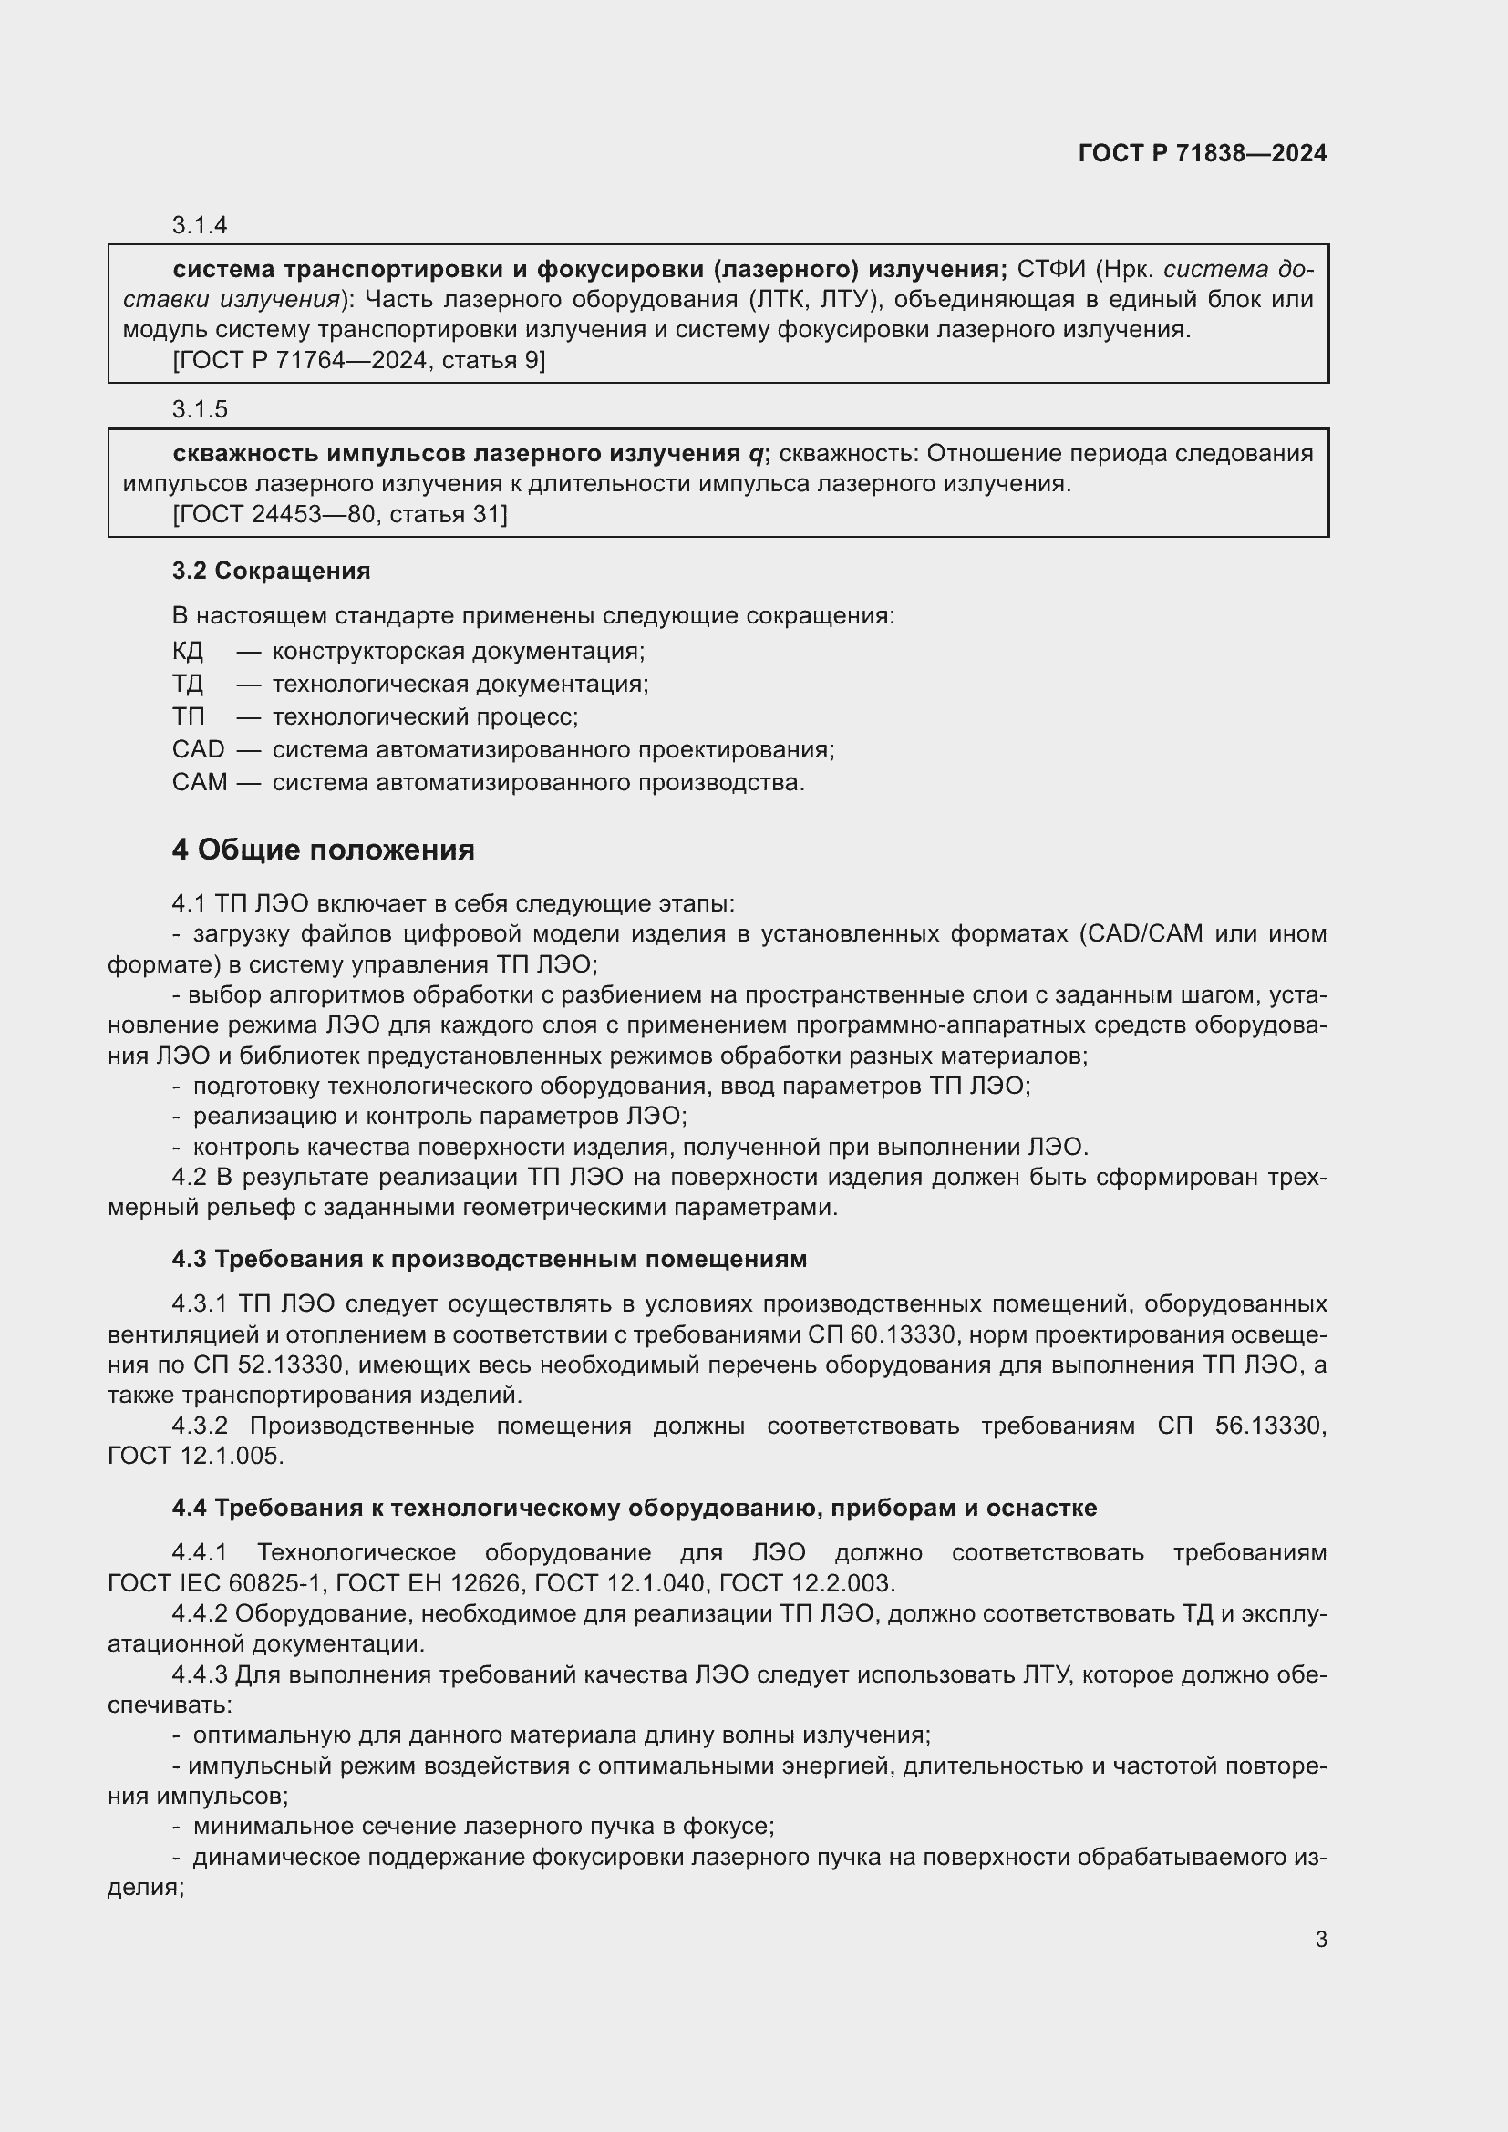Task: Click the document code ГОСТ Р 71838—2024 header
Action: tap(1202, 153)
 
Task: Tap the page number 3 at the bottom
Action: tap(1320, 1940)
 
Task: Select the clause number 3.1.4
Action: tap(200, 226)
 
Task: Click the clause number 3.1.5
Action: tap(200, 409)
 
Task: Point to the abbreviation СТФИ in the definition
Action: tap(1050, 269)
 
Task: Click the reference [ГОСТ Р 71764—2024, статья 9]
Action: tap(358, 360)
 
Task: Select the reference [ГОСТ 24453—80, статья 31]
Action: tap(340, 514)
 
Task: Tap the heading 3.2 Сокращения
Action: tap(270, 572)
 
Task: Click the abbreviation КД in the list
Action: tap(188, 651)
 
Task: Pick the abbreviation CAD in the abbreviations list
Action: tap(198, 749)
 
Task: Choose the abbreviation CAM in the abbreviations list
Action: tap(199, 783)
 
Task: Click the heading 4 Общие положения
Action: tap(323, 850)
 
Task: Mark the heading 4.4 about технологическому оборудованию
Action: tap(634, 1508)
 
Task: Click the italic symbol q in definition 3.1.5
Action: tap(756, 454)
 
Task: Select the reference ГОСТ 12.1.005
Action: tap(195, 1456)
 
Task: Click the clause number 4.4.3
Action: tap(199, 1675)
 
